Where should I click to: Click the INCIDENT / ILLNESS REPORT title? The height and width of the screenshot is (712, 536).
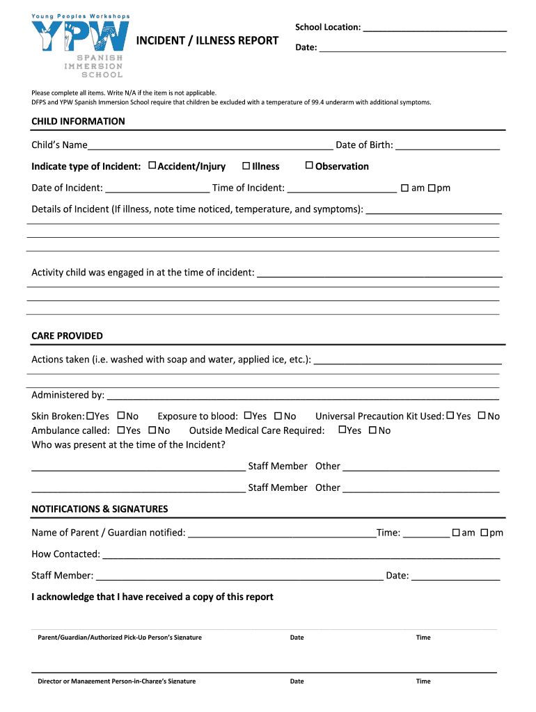click(207, 41)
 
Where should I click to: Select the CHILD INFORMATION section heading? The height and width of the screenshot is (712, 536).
click(78, 122)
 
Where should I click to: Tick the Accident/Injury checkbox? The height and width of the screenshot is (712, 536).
click(152, 166)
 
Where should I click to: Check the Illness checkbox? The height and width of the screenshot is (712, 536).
click(246, 166)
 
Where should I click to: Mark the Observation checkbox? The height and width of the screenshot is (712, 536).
click(310, 166)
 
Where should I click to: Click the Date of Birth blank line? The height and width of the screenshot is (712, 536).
click(448, 145)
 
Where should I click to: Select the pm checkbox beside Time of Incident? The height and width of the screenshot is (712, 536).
click(432, 188)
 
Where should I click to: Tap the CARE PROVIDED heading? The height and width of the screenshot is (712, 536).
click(67, 336)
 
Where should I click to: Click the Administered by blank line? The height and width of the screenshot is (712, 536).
click(302, 396)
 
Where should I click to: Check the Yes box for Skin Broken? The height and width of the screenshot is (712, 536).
click(90, 416)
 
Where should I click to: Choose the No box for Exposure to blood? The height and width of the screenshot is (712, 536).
click(278, 416)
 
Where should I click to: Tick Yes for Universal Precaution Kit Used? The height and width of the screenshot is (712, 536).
click(450, 416)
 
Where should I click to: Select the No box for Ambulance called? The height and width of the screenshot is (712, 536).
click(152, 430)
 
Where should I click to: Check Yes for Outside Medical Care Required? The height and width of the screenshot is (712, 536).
click(342, 430)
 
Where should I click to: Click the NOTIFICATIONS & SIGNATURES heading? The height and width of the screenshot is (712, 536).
click(100, 509)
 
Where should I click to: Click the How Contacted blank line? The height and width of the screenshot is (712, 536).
click(301, 555)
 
